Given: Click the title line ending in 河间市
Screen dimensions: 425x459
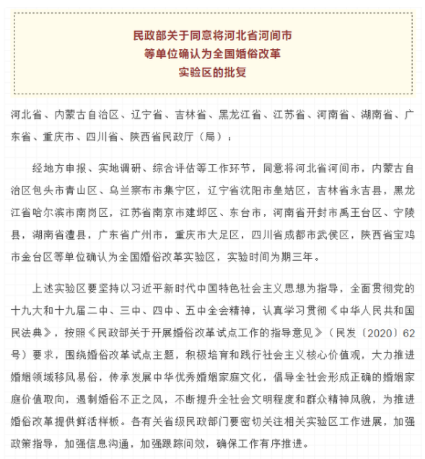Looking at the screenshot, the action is click(211, 35).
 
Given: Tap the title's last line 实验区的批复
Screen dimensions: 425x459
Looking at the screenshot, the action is click(212, 73).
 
